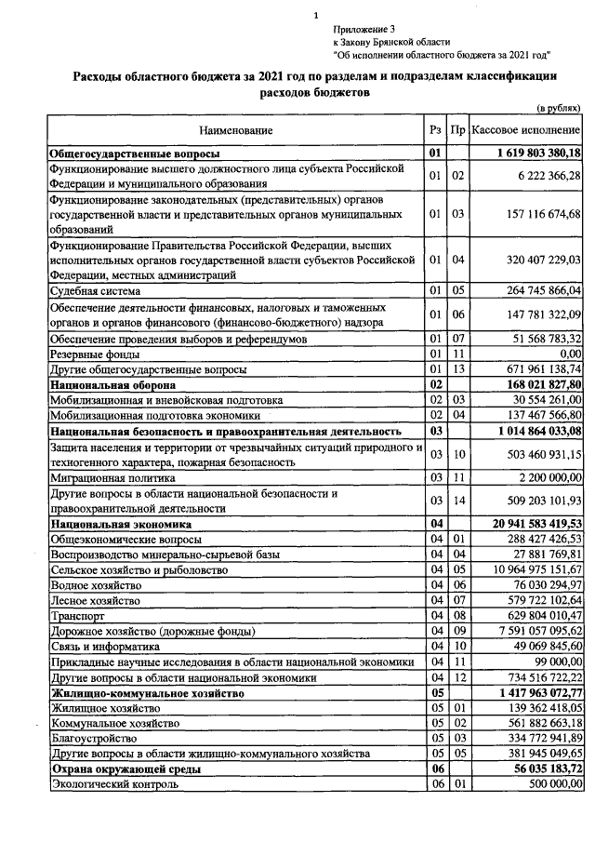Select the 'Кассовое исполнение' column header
[x=526, y=129]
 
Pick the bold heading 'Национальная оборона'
[x=113, y=383]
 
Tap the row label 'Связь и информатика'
[x=106, y=645]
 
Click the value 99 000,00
[x=555, y=661]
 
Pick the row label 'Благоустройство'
[x=93, y=738]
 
